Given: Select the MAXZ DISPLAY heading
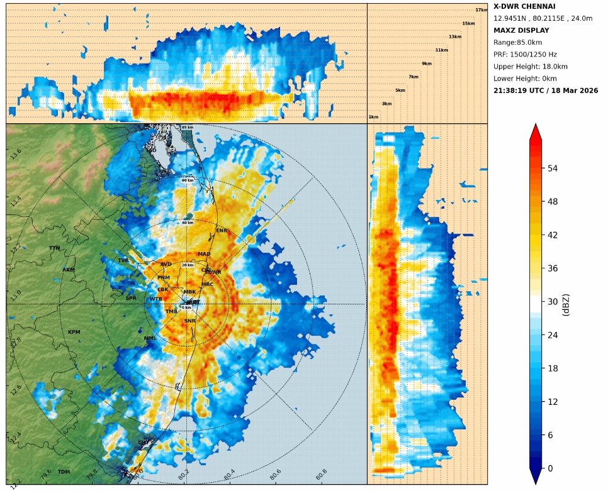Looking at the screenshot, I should pyautogui.click(x=521, y=30).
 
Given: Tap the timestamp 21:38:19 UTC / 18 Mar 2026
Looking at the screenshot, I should pyautogui.click(x=546, y=91).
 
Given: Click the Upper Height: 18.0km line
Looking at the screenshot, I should pyautogui.click(x=530, y=67).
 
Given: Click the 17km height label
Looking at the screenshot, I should pyautogui.click(x=481, y=10).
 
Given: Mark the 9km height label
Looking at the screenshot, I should pyautogui.click(x=427, y=63).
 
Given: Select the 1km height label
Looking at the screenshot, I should pyautogui.click(x=373, y=117).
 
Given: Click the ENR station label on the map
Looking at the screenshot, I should pyautogui.click(x=222, y=231).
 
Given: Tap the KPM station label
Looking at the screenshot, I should pyautogui.click(x=74, y=332).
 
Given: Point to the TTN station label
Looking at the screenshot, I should pyautogui.click(x=55, y=248).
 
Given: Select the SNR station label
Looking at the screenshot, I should pyautogui.click(x=189, y=321).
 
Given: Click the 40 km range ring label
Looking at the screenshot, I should pyautogui.click(x=188, y=223).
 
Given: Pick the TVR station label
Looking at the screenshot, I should pyautogui.click(x=123, y=260).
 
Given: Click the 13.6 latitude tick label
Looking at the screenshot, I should pyautogui.click(x=16, y=153).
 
